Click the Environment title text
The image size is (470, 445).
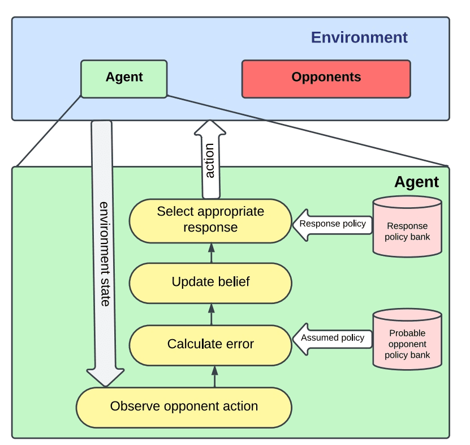coord(359,37)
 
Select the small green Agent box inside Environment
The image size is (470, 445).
coord(124,79)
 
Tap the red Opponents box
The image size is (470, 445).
coord(326,79)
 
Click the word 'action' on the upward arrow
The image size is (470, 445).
coord(210,161)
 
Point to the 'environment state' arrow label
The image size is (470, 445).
coord(105,254)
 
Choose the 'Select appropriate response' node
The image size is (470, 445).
coord(210,221)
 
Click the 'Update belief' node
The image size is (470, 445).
coord(210,283)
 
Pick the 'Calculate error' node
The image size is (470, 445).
coord(210,345)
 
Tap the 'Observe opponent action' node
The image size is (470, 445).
coord(184,407)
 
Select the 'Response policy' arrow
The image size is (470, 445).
coord(332,225)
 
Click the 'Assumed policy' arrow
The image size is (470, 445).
coord(332,339)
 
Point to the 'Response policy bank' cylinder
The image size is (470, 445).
coord(407,226)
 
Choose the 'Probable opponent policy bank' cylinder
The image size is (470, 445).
coord(407,339)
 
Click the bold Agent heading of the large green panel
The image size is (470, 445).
coord(417,182)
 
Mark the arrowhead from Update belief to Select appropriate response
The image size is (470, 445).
coord(212,247)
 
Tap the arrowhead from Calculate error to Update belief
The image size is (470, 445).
coord(212,309)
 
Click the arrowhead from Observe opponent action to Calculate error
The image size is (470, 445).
coord(214,371)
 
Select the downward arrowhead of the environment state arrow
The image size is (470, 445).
coord(106,377)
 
